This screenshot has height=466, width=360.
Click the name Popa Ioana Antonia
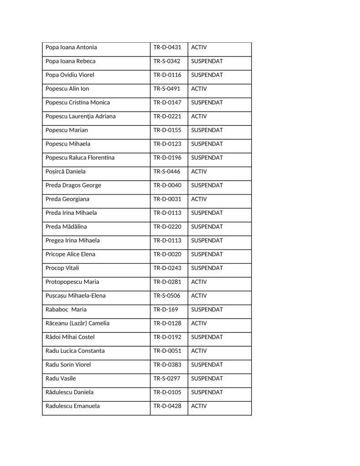[x=71, y=47]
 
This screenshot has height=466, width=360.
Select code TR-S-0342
[x=167, y=61]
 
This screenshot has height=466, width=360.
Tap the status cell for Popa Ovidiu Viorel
[x=207, y=75]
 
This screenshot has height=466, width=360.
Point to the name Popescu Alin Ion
[x=67, y=89]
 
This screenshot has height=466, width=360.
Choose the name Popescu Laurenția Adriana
[x=81, y=116]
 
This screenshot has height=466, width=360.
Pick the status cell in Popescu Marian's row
[x=207, y=130]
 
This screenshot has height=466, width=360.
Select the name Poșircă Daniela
[x=66, y=172]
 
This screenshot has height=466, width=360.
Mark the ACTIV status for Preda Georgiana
[x=199, y=199]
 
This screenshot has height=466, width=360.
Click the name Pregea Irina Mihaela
[x=72, y=240]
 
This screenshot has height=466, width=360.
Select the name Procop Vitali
[x=62, y=268]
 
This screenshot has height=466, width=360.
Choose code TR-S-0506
[x=167, y=296]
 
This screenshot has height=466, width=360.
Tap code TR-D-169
[x=165, y=309]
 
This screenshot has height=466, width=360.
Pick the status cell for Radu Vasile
[x=207, y=379]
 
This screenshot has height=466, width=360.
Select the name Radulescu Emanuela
[x=73, y=406]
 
